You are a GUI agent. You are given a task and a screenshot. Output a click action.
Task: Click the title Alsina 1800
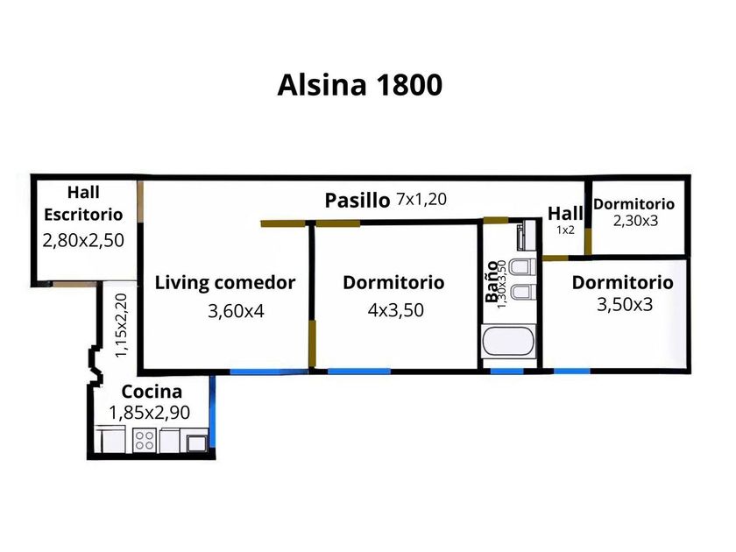point(359,85)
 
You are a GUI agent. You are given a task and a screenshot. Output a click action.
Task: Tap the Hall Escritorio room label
point(83,202)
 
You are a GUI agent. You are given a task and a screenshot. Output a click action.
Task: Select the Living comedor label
point(225,282)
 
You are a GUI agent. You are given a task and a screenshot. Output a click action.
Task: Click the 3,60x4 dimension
point(236,310)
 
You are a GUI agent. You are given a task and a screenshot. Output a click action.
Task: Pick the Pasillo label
point(357,200)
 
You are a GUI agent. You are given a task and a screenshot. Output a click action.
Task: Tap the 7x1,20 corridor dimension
point(421,199)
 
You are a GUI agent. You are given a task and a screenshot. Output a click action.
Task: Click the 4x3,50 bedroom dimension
point(393,310)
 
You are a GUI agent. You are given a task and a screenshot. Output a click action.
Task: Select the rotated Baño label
point(492,282)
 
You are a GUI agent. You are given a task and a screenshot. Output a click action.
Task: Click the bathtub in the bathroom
point(509,343)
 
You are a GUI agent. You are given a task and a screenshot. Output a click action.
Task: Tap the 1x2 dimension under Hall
point(565,230)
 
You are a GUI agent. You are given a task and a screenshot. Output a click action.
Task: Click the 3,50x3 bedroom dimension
point(624,305)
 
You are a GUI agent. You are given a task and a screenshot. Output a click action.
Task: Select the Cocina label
point(152,392)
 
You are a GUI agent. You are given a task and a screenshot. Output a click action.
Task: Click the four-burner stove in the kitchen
point(144,440)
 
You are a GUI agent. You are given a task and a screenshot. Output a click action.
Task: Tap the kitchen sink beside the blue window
point(198,441)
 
